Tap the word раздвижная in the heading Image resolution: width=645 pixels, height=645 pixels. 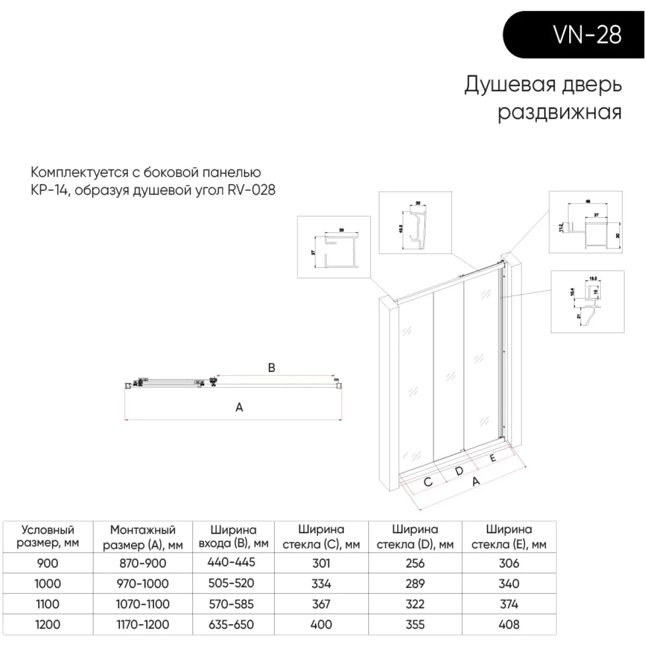coord(560,112)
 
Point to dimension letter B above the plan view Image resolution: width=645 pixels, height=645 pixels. coord(271,368)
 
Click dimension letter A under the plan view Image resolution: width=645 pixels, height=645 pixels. coord(239,407)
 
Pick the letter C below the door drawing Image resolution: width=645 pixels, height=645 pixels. coord(428,482)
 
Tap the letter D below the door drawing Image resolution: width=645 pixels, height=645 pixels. coord(459,471)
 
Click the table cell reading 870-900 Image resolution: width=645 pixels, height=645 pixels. coord(142,563)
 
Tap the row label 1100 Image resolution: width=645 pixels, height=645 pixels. coord(47,604)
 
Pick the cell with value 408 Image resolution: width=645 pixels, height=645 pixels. coord(508,624)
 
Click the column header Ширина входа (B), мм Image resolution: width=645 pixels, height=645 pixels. coord(233,536)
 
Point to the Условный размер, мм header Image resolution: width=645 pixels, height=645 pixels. coord(47,536)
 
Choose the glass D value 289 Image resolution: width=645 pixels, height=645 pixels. coord(415,583)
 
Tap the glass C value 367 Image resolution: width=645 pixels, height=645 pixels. coord(321,604)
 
